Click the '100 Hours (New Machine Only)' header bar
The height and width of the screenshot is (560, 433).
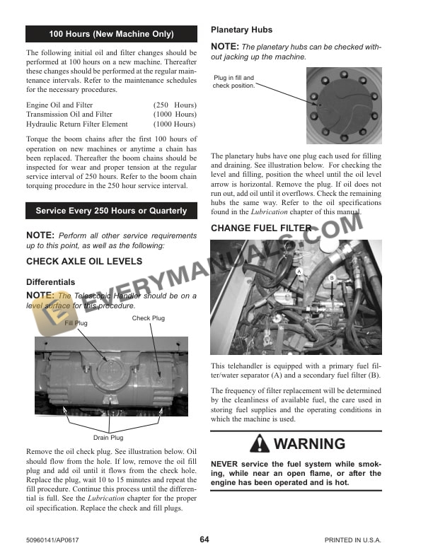click(111, 34)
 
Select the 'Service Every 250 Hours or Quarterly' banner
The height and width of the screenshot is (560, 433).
click(111, 211)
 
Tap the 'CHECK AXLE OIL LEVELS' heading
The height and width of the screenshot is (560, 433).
click(83, 262)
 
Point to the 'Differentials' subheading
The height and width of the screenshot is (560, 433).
click(50, 282)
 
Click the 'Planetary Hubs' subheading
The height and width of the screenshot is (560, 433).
click(241, 30)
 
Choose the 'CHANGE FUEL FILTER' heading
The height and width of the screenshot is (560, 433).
click(261, 228)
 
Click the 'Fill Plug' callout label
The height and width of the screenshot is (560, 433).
click(76, 323)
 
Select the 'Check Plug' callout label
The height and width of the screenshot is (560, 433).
click(148, 318)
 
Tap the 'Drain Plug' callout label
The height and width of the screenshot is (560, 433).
click(108, 438)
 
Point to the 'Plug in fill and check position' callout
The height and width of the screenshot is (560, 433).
click(233, 82)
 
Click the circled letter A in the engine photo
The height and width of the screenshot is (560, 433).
click(299, 272)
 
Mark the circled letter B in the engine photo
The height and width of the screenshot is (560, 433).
click(331, 279)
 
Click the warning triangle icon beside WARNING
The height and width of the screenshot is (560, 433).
click(260, 445)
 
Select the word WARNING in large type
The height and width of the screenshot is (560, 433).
click(309, 445)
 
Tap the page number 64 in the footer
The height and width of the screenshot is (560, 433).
click(204, 539)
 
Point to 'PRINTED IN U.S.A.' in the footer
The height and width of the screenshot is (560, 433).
click(352, 540)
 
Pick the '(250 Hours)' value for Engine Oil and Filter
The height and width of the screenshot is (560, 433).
click(175, 105)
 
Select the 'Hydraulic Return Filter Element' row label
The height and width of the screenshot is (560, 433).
click(77, 124)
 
